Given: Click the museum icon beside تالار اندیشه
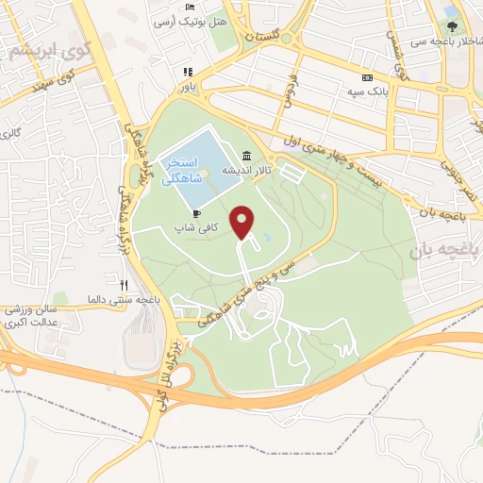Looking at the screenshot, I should (x=246, y=156).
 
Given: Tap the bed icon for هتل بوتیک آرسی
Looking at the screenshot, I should (x=190, y=8).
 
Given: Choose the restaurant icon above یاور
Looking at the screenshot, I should (x=189, y=72).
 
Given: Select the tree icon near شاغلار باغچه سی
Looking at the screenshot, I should (x=453, y=26).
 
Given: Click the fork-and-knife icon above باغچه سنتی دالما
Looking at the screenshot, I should (x=124, y=284).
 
